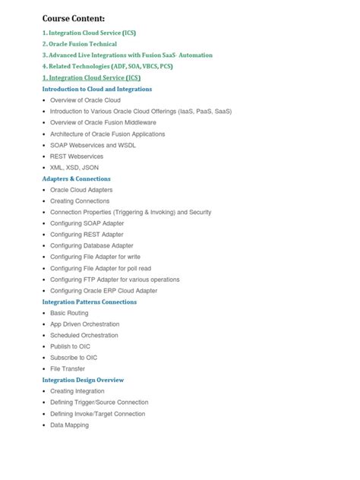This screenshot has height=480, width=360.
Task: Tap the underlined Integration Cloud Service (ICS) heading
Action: pos(91,77)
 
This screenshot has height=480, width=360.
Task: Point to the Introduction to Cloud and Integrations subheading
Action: pos(97,89)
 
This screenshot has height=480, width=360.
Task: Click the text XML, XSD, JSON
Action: pos(74,167)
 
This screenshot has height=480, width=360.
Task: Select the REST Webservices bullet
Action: pos(77,156)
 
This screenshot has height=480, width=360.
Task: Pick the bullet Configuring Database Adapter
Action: pos(92,245)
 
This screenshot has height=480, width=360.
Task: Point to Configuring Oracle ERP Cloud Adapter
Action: pos(104,290)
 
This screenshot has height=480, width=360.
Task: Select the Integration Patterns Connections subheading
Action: pos(90,302)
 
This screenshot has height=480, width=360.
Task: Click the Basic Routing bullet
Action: pos(69,313)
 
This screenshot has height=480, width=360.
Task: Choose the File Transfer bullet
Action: pos(68,368)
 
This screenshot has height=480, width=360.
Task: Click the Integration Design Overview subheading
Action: pos(83,380)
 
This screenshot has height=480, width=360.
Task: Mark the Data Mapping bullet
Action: pos(69,425)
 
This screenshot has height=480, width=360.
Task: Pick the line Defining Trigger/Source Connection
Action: pos(99,403)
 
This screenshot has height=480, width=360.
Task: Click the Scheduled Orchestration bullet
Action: pos(84,335)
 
